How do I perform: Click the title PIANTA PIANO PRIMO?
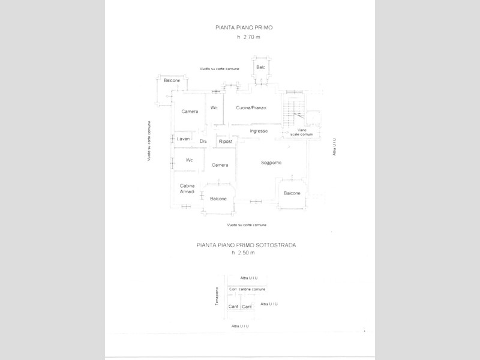(240, 28)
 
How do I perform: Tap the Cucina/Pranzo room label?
(251, 108)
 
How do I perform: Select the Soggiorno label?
(271, 163)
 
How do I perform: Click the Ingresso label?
(257, 131)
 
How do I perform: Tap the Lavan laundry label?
(183, 139)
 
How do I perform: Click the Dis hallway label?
(203, 141)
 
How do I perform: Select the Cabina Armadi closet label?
(187, 188)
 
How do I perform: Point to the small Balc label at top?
(260, 67)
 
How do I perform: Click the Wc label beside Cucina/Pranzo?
(214, 108)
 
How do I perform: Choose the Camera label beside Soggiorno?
(220, 165)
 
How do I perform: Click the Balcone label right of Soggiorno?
(292, 193)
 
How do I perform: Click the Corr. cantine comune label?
(247, 289)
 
